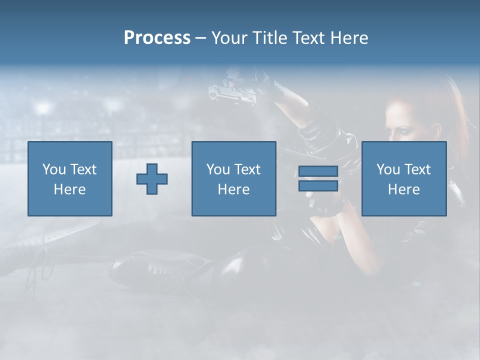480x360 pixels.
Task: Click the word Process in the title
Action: coord(157,38)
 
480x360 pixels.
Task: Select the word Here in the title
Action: coord(348,38)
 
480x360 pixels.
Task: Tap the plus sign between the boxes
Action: coord(152,179)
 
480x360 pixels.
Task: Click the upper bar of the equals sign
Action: coord(318,171)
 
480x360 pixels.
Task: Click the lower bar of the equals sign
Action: coord(318,186)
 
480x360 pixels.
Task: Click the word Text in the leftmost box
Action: coord(83,169)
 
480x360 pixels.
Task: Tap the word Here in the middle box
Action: coord(233,189)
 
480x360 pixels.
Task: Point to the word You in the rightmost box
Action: coord(388,169)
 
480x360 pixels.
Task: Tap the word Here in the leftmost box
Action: coord(69,189)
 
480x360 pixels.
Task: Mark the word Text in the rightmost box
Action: coord(417,169)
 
